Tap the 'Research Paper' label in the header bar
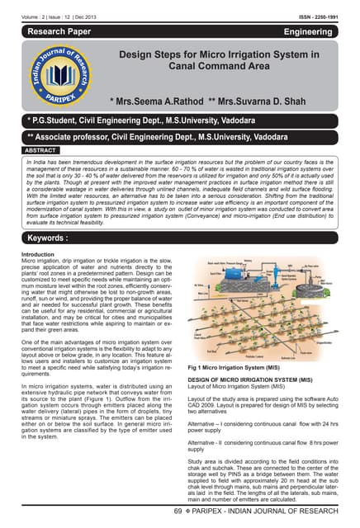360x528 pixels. pyautogui.click(x=63, y=31)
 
